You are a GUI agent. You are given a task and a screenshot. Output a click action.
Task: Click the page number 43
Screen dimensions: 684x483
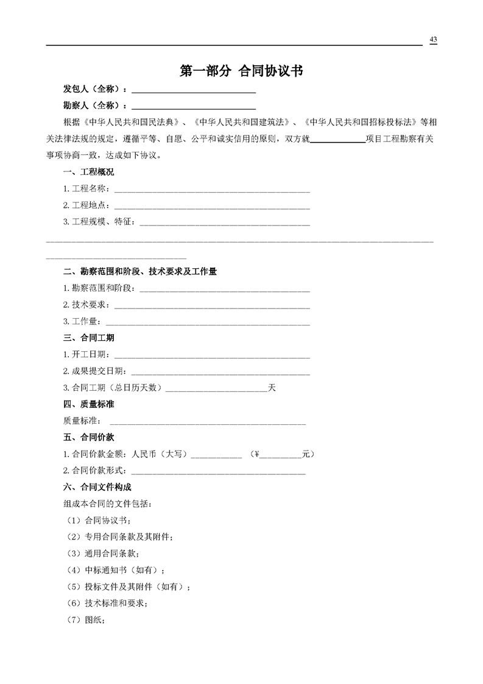[433, 40]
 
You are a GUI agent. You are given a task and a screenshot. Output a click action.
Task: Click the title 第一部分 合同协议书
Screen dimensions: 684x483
[241, 71]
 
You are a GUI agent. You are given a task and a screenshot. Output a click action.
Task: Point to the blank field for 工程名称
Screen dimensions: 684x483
[212, 190]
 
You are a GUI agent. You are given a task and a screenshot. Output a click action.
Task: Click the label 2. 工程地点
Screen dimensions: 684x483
[86, 205]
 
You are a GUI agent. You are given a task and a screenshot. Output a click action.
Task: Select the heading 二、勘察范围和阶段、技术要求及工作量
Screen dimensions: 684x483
[140, 271]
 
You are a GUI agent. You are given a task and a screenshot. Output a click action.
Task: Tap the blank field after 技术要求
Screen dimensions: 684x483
[212, 305]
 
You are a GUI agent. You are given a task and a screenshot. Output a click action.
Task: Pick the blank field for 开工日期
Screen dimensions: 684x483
[212, 355]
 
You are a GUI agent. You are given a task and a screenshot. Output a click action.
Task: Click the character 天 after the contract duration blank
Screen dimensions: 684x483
[272, 388]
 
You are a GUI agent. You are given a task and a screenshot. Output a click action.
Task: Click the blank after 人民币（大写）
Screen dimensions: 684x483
[217, 455]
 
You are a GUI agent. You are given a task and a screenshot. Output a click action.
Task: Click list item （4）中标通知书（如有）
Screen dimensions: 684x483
[116, 571]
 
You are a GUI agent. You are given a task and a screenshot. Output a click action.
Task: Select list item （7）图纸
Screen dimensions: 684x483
[86, 620]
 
